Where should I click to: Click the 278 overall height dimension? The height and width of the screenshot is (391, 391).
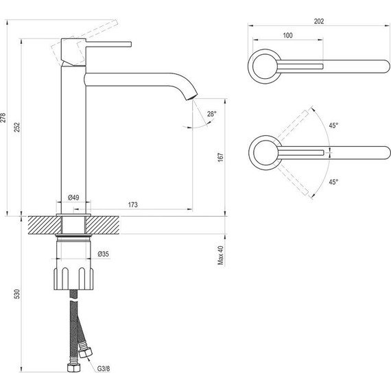pos(3,117)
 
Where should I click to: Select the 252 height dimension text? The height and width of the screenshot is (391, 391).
pos(16,127)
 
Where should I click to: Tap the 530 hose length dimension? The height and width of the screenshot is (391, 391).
pos(16,294)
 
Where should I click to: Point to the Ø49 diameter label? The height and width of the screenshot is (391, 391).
pos(73,198)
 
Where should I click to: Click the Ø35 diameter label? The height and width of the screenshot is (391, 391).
pos(104,254)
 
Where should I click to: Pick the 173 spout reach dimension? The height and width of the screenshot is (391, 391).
pos(133,204)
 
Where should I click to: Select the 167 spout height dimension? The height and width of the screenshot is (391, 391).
pos(221,157)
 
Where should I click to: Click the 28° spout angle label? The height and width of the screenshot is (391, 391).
pos(212,114)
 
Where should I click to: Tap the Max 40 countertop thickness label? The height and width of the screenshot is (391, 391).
pos(221,255)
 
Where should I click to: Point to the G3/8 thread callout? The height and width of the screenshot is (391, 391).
pos(104,369)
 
